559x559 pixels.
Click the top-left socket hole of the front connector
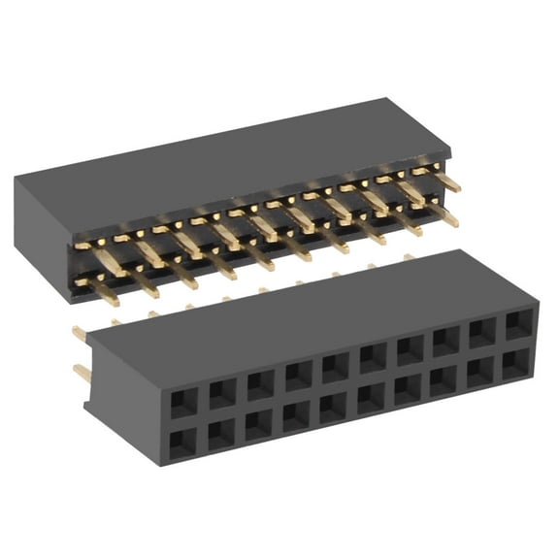(183, 402)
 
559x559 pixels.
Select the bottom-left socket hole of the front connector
(182, 442)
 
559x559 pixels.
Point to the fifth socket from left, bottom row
(333, 407)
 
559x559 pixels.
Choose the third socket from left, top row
(260, 384)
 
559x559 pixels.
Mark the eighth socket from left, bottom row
(444, 380)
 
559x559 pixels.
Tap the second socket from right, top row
(482, 333)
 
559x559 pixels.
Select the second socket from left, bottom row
(221, 433)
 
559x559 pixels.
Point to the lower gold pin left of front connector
(82, 373)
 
